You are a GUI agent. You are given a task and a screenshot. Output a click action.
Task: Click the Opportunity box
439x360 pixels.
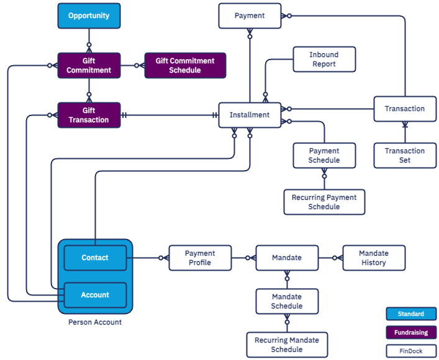pyautogui.click(x=89, y=16)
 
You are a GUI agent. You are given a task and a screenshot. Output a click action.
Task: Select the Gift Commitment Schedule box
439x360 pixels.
pyautogui.click(x=185, y=65)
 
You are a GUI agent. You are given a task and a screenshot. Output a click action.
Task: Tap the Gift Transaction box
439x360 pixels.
pyautogui.click(x=89, y=115)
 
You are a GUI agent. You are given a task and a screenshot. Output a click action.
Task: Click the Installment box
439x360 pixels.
pyautogui.click(x=250, y=115)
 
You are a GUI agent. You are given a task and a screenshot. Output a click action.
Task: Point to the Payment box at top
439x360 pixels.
pyautogui.click(x=250, y=16)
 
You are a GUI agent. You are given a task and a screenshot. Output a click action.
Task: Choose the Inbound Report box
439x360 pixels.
pyautogui.click(x=324, y=60)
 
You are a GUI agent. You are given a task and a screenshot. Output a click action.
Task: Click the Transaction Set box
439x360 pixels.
pyautogui.click(x=404, y=155)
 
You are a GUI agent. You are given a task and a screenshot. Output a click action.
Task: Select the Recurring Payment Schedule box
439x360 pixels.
pyautogui.click(x=324, y=202)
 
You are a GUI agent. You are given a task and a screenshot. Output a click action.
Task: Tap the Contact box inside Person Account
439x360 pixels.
pyautogui.click(x=95, y=258)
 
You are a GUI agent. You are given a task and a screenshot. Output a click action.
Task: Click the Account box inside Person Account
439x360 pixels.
pyautogui.click(x=95, y=295)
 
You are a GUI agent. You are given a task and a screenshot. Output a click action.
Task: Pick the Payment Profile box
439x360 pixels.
pyautogui.click(x=200, y=258)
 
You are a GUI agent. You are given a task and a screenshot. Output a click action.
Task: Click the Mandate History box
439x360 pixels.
pyautogui.click(x=374, y=258)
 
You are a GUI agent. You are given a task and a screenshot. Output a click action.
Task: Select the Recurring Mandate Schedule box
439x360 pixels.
pyautogui.click(x=287, y=344)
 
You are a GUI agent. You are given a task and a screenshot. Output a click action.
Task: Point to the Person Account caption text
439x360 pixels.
pyautogui.click(x=95, y=322)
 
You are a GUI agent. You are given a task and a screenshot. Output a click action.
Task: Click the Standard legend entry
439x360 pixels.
pyautogui.click(x=411, y=314)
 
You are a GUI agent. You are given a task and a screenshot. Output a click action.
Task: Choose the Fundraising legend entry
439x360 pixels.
pyautogui.click(x=411, y=333)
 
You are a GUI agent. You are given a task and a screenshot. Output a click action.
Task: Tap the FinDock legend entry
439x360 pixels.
pyautogui.click(x=411, y=351)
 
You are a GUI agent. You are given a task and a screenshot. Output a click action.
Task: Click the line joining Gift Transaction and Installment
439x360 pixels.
pyautogui.click(x=168, y=115)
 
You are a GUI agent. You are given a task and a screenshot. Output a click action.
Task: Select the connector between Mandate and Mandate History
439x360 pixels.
pyautogui.click(x=330, y=258)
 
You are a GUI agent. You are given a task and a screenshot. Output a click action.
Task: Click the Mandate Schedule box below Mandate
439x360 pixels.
pyautogui.click(x=287, y=301)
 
